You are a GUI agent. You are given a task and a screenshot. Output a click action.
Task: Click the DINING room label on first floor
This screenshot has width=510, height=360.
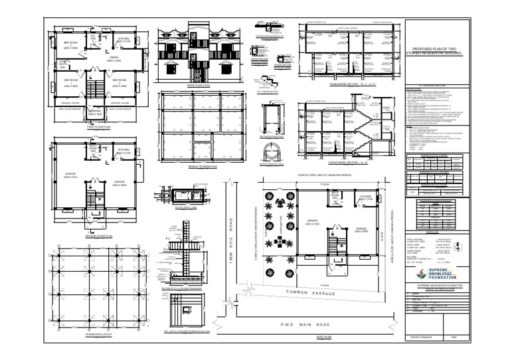(114, 59)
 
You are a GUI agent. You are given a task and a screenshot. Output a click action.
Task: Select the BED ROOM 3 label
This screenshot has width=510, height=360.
(119, 83)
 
